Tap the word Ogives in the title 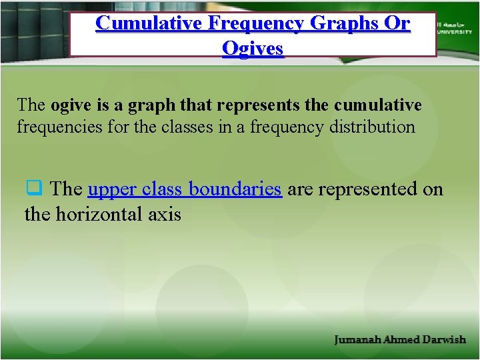[253, 48]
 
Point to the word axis [165, 214]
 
